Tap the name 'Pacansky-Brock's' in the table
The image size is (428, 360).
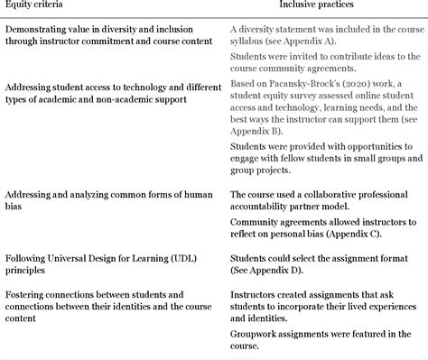pos(292,84)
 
